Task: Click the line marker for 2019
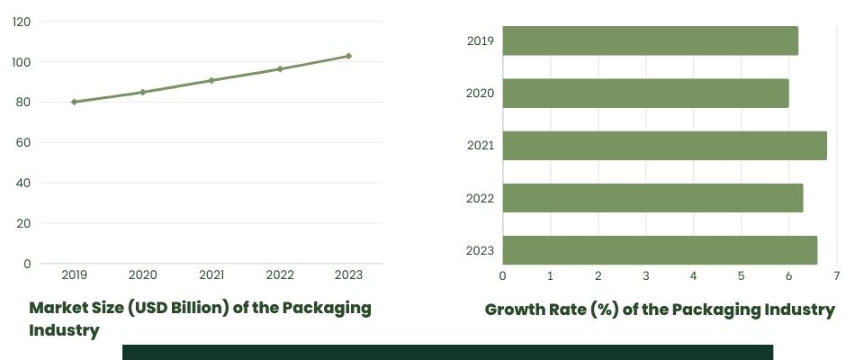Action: click(x=74, y=102)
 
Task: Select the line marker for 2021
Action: click(x=211, y=80)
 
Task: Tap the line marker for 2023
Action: click(x=348, y=56)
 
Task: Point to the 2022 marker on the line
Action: click(x=280, y=68)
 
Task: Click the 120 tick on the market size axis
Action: click(x=22, y=22)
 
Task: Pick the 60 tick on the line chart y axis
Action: click(x=22, y=142)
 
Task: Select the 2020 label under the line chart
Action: click(x=142, y=274)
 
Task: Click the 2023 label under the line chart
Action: click(x=348, y=274)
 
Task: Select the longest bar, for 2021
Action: click(x=664, y=145)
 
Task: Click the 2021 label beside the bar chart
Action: click(x=481, y=145)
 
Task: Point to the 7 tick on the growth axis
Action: click(x=836, y=274)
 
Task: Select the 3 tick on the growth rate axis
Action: click(x=645, y=274)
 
